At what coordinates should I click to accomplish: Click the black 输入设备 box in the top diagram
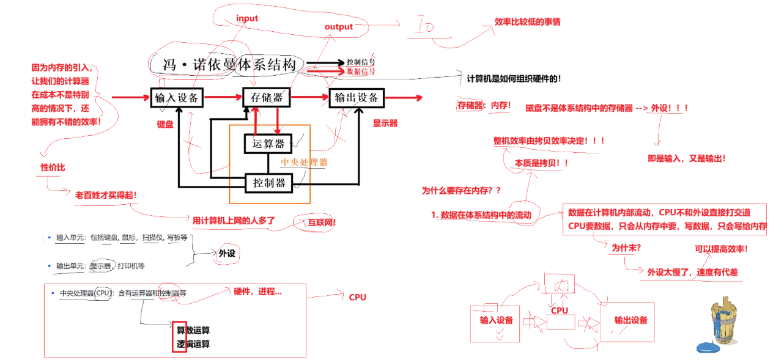(x=177, y=97)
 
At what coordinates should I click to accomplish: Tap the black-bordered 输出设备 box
(x=357, y=97)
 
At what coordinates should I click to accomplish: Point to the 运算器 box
(x=268, y=144)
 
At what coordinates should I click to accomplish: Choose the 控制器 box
(x=268, y=182)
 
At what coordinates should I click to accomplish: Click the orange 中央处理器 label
(x=304, y=163)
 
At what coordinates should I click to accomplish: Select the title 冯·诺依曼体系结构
(x=230, y=65)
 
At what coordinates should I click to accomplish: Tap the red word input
(x=247, y=18)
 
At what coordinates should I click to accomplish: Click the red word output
(x=338, y=26)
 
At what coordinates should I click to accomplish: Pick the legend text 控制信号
(x=360, y=62)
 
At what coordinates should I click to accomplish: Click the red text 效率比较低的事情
(x=527, y=22)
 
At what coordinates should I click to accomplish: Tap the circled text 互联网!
(x=317, y=222)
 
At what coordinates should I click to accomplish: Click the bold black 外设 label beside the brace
(x=227, y=252)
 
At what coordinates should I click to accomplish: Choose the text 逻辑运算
(x=193, y=344)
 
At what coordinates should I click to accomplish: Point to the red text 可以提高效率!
(x=721, y=249)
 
